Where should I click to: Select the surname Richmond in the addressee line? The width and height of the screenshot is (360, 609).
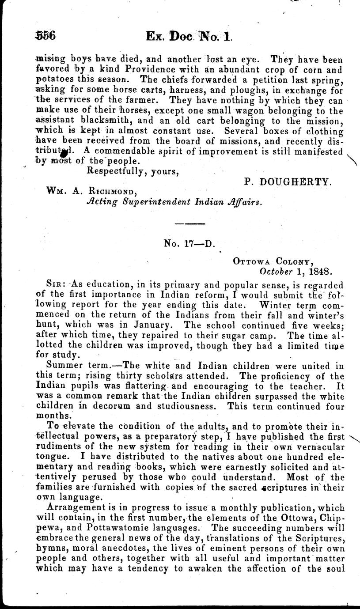coord(108,192)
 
